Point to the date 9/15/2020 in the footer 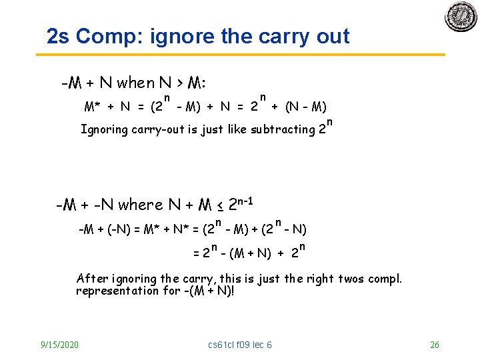click(59, 345)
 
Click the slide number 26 click(435, 345)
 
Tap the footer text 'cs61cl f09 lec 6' click(240, 345)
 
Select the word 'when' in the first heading click(135, 83)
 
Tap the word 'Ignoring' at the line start click(105, 129)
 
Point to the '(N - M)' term click(305, 106)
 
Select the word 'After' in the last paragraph click(91, 279)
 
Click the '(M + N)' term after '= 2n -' click(247, 253)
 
